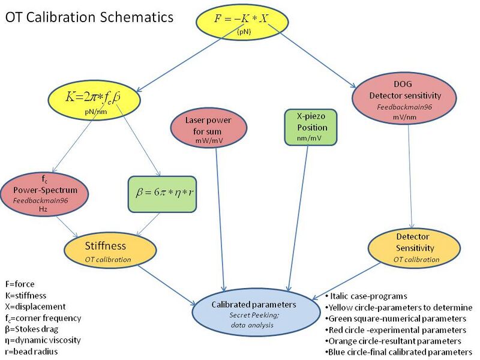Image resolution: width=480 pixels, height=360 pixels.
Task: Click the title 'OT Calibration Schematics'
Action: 89,17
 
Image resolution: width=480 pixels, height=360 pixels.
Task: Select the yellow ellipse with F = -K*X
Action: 243,22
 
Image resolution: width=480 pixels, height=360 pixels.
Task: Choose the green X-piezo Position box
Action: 308,127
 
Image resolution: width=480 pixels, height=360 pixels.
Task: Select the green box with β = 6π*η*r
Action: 163,194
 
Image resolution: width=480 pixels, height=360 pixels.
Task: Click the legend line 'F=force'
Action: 22,284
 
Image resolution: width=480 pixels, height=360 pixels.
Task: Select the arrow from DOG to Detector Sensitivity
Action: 410,174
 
